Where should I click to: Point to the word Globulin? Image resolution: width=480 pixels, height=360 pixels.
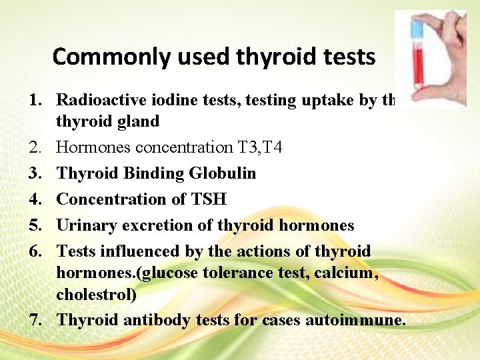tap(223, 173)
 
